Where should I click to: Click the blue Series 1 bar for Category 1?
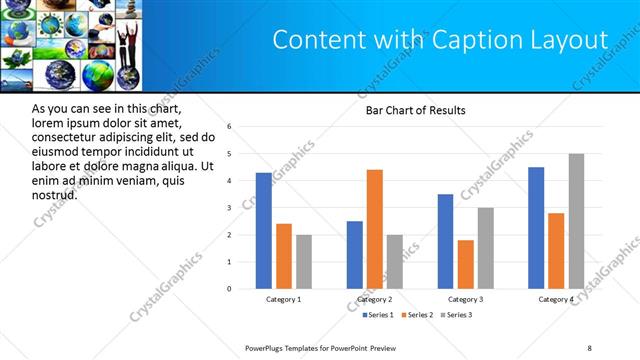263,231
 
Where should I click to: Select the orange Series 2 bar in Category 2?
375,229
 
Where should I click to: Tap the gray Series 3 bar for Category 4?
576,221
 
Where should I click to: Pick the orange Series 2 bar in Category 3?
466,264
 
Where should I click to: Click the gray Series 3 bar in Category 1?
304,262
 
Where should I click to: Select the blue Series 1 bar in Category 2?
355,255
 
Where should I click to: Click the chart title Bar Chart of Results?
415,110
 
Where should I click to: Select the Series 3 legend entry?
456,315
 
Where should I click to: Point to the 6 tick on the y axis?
229,127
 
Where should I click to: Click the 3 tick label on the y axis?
229,208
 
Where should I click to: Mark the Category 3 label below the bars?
466,299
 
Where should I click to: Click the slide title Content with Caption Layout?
440,40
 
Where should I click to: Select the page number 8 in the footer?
590,348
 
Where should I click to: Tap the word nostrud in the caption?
55,194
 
